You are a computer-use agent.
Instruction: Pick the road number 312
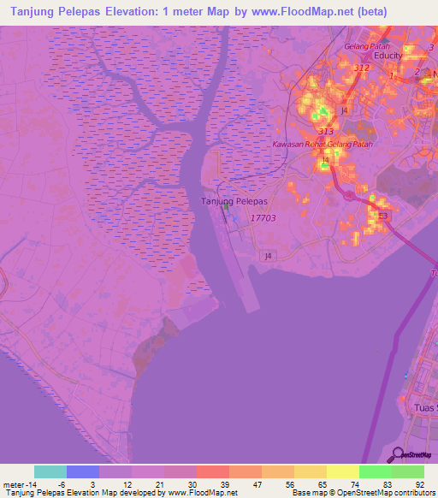[361, 68]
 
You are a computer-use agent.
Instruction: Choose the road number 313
[325, 131]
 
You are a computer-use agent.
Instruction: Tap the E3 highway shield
[383, 216]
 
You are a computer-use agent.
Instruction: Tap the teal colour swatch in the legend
[50, 471]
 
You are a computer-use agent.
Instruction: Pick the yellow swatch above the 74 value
[343, 471]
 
